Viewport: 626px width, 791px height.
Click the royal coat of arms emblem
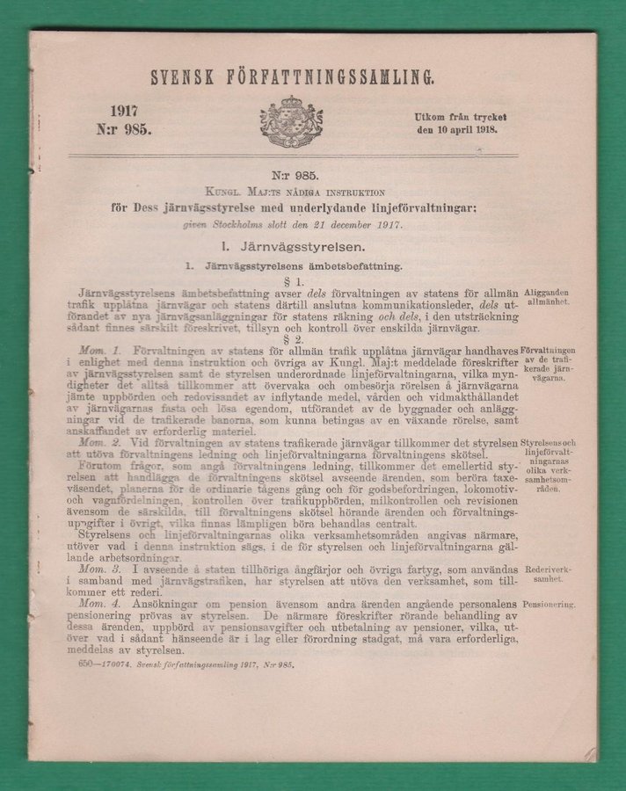290,121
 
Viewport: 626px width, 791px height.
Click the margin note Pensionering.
549,606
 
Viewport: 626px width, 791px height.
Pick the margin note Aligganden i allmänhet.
549,295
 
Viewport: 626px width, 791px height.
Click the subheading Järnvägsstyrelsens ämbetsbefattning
291,265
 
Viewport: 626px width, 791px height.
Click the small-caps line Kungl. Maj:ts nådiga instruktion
291,195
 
